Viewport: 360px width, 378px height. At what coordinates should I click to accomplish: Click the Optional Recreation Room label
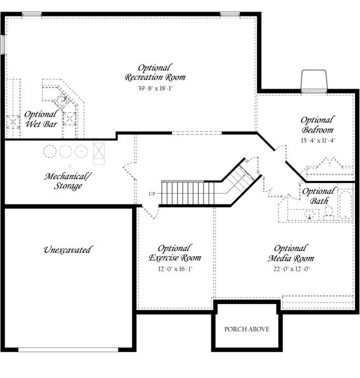[x=155, y=73]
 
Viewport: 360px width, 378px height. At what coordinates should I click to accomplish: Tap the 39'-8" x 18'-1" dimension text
[x=155, y=88]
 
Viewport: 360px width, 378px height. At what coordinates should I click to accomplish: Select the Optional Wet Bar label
[x=41, y=119]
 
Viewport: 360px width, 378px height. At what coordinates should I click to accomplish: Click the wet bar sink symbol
[x=62, y=99]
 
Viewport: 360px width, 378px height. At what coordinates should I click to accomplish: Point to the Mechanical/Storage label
[x=68, y=181]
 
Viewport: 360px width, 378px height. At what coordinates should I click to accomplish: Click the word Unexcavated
[x=68, y=250]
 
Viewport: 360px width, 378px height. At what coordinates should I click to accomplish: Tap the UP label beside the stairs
[x=152, y=194]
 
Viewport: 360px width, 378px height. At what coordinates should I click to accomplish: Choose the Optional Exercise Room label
[x=175, y=253]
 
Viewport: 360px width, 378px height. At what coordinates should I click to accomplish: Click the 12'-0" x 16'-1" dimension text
[x=175, y=268]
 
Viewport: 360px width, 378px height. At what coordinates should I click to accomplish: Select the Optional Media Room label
[x=291, y=253]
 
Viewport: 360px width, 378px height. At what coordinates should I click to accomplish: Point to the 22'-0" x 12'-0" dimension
[x=291, y=268]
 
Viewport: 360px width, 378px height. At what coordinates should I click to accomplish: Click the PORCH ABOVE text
[x=247, y=329]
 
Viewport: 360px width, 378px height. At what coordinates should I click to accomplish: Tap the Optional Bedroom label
[x=317, y=125]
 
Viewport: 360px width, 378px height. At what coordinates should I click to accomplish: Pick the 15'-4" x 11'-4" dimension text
[x=318, y=140]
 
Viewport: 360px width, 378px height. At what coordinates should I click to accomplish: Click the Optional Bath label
[x=319, y=196]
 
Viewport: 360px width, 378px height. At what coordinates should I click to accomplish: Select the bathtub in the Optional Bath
[x=345, y=205]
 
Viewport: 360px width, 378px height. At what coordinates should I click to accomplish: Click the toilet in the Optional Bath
[x=328, y=213]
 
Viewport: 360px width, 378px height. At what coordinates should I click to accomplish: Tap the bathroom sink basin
[x=309, y=214]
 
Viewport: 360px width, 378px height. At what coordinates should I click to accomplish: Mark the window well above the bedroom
[x=314, y=81]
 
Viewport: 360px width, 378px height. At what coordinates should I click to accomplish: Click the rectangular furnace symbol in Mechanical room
[x=99, y=154]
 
